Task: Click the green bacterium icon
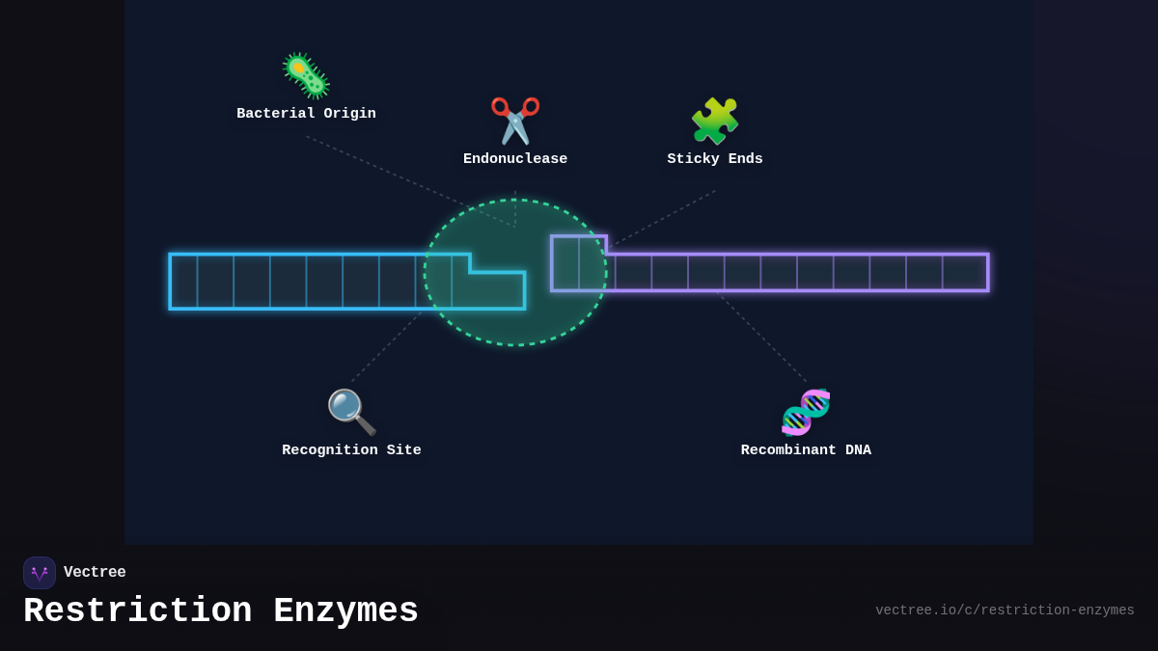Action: tap(306, 76)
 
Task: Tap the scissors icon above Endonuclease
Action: tap(515, 121)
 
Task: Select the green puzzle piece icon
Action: tap(715, 121)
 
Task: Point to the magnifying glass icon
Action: tap(351, 412)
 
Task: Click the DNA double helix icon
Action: tap(806, 412)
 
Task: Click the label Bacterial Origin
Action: tap(306, 114)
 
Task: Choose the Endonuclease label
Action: tap(515, 159)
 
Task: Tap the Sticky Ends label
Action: tap(715, 159)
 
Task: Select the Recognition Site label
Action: tap(351, 450)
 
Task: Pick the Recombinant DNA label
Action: tap(806, 450)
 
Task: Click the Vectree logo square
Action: tap(40, 573)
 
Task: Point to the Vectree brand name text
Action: tap(95, 573)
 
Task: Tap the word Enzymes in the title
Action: tap(345, 611)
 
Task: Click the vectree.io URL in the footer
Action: tap(1005, 610)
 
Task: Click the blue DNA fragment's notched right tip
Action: tap(498, 290)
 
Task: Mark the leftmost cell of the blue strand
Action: tap(184, 282)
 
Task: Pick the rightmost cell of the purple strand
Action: tap(964, 272)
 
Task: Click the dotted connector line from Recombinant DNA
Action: tap(762, 339)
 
